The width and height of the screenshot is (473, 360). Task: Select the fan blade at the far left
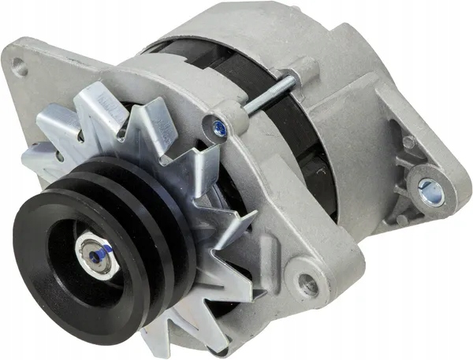[39, 158]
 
